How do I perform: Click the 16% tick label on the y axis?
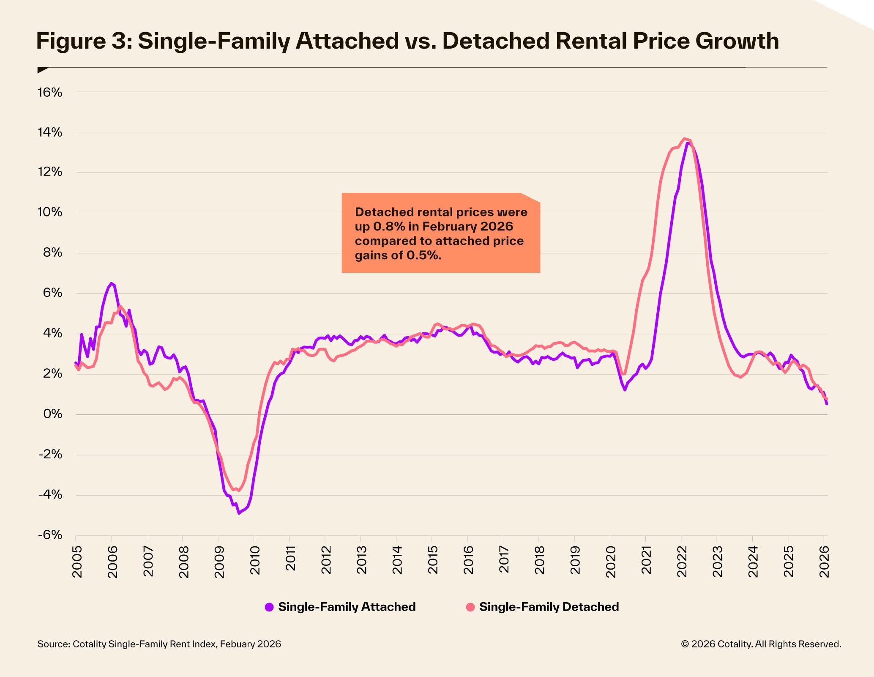point(50,93)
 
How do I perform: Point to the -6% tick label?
point(50,535)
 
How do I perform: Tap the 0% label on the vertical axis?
point(52,414)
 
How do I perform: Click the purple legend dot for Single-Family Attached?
point(269,607)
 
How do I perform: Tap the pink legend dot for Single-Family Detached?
point(470,607)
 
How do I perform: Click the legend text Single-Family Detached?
point(549,607)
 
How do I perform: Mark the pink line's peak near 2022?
point(684,139)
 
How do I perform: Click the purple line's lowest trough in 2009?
point(239,513)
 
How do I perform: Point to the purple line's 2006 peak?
point(111,283)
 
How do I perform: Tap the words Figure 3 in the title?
point(83,41)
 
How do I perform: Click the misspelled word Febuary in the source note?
point(238,644)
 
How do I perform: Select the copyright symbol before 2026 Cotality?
point(685,644)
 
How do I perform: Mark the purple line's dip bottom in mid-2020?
point(625,390)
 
